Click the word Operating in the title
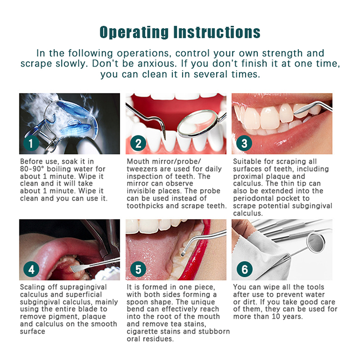134,32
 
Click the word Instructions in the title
217,32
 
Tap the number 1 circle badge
31,143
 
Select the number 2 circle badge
138,143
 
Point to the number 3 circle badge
244,143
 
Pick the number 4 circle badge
31,269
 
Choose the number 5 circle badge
138,269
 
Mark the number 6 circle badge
244,269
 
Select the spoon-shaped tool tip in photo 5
183,254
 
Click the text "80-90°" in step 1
32,169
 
